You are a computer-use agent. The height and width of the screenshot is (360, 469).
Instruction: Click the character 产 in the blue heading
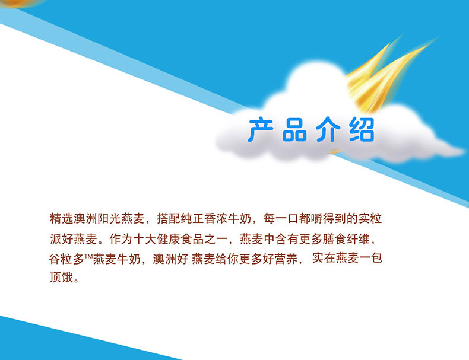[260, 130]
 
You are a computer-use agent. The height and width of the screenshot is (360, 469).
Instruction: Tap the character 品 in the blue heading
[294, 130]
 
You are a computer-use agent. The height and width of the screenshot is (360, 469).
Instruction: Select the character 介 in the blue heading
[328, 130]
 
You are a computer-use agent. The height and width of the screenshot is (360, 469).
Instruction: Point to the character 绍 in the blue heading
[362, 130]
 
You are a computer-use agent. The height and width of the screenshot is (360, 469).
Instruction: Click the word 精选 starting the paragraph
[62, 218]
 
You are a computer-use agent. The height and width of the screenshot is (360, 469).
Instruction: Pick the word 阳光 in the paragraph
[109, 218]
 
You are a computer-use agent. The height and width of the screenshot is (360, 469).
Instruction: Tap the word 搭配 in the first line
[169, 218]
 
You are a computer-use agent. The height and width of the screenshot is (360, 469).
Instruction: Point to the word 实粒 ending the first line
[370, 218]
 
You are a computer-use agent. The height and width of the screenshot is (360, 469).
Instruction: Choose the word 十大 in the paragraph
[145, 239]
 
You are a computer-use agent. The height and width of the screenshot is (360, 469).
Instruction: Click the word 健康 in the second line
[169, 239]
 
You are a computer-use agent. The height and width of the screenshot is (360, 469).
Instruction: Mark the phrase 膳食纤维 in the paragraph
[346, 239]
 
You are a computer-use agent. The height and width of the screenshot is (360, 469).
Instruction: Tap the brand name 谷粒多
[66, 259]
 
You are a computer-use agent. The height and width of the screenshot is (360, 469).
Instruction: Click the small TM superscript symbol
[89, 256]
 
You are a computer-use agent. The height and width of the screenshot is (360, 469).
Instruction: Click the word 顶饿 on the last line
[62, 277]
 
